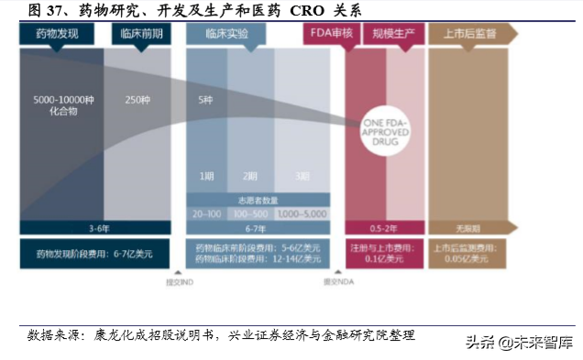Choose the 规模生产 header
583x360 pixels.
(x=389, y=35)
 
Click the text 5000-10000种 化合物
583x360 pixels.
(x=61, y=104)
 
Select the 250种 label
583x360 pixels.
(x=137, y=98)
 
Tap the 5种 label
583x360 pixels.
(x=207, y=98)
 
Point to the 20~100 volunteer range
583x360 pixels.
(x=206, y=212)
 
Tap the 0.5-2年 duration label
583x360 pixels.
(x=383, y=227)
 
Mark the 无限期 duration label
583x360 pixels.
(x=468, y=227)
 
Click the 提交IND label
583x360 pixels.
(x=181, y=281)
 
